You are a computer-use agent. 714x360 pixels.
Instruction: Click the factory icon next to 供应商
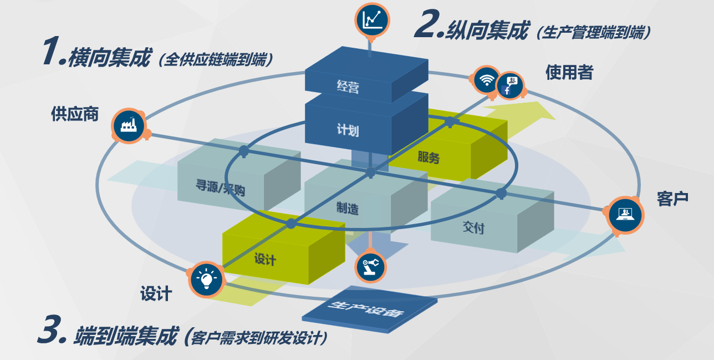[x=129, y=126]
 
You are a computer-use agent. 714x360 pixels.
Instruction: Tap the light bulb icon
[x=206, y=279]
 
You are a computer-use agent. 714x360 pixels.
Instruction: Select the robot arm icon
[x=370, y=267]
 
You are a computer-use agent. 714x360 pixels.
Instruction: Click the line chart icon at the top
[x=372, y=20]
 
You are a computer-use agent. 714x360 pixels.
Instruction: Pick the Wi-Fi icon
[x=486, y=80]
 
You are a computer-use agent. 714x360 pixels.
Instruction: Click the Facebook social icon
[x=511, y=85]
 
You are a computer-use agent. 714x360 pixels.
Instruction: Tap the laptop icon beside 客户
[x=625, y=215]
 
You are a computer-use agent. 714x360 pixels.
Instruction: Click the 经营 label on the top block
[x=348, y=87]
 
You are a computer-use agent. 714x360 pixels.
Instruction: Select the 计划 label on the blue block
[x=348, y=130]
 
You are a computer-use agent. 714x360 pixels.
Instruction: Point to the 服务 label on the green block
[x=429, y=157]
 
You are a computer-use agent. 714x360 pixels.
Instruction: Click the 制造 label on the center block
[x=348, y=208]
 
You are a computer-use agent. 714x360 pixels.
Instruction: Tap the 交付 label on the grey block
[x=473, y=227]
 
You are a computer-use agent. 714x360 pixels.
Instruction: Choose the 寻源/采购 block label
[x=220, y=188]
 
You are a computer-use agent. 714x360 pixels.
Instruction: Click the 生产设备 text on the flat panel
[x=366, y=308]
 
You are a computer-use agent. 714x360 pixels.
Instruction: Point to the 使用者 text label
[x=569, y=72]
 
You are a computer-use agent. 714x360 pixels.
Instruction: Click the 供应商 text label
[x=75, y=114]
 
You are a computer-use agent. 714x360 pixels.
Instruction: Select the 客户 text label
[x=672, y=199]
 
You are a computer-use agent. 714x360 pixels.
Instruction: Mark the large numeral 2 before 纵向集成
[x=427, y=24]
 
